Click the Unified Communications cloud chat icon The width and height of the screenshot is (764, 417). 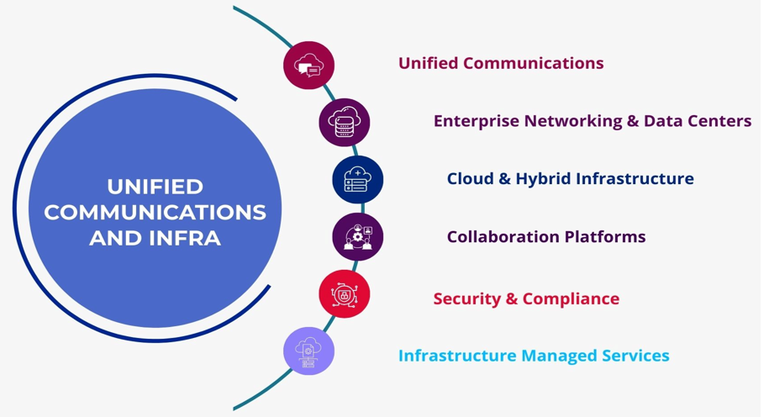[308, 65]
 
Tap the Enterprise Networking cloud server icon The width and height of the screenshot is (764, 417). [344, 123]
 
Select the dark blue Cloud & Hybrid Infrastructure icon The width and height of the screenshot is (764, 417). [357, 180]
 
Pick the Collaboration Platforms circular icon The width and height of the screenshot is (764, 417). [357, 237]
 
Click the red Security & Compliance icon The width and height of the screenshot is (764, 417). [344, 294]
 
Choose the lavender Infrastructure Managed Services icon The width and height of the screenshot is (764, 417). [308, 351]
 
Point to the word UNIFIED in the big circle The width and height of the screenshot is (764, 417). [155, 186]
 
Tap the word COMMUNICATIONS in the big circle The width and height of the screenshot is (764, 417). [155, 212]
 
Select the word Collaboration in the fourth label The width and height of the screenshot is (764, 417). [498, 237]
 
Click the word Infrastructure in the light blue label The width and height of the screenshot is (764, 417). [456, 356]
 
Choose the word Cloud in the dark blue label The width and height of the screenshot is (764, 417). [470, 178]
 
